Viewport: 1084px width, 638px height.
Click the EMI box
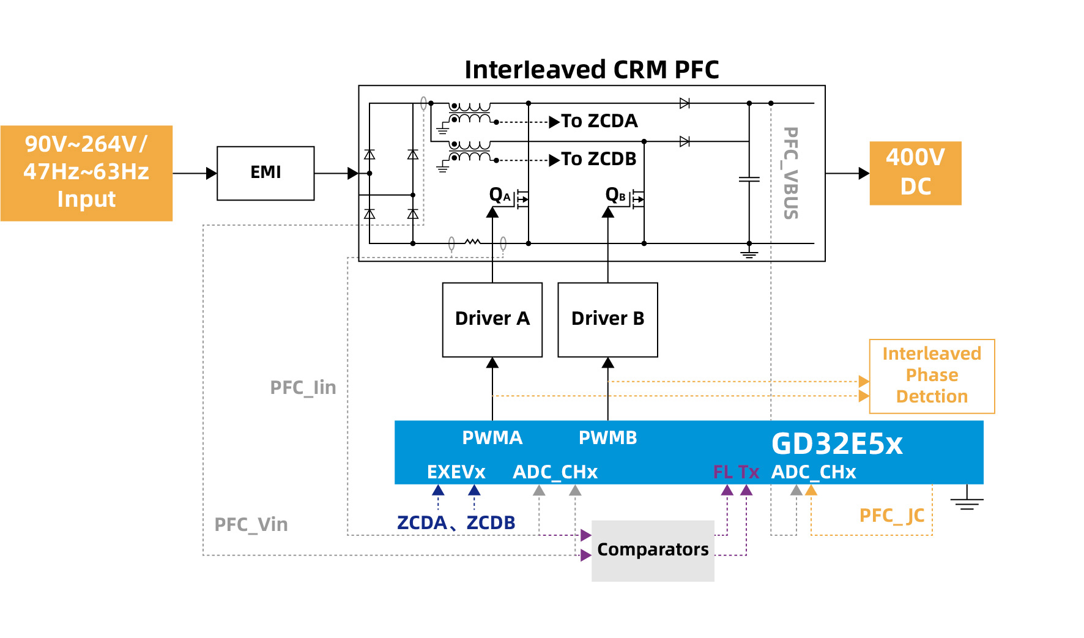point(265,173)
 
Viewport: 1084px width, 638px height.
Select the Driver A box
point(492,319)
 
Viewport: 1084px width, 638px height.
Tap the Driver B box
point(607,319)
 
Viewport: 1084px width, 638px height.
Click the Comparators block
point(653,550)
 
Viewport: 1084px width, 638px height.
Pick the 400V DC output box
point(915,173)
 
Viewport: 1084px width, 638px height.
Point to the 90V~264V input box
point(86,173)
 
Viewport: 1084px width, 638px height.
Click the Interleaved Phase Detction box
point(932,376)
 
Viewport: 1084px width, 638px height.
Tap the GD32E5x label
point(837,444)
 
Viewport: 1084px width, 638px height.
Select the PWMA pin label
point(492,438)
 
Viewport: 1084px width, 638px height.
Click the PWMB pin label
point(607,438)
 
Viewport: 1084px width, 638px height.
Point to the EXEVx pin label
point(456,472)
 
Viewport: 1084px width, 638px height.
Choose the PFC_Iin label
point(303,388)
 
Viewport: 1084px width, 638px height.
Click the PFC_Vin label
point(251,525)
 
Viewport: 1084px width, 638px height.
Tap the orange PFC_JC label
point(891,516)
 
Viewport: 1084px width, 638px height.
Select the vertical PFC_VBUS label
point(791,173)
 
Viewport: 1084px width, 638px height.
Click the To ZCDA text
point(600,121)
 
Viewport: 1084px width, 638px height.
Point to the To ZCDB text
point(599,159)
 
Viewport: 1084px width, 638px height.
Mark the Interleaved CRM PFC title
point(592,70)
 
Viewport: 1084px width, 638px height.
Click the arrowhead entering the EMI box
point(212,173)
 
